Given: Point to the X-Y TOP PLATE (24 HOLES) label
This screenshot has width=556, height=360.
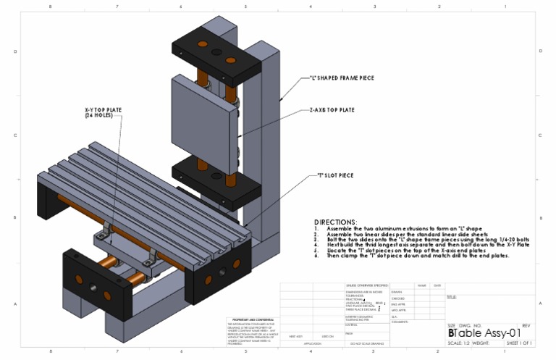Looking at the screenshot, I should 104,112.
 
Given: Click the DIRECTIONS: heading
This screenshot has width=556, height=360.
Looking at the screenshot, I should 335,222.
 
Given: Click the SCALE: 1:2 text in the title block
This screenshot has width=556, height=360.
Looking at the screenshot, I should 458,343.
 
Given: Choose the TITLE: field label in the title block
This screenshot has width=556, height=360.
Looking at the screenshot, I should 452,297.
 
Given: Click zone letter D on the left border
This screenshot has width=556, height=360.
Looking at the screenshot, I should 15,52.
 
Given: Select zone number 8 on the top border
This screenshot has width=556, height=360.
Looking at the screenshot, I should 50,7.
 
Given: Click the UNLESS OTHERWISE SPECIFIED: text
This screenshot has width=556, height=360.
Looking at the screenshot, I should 368,286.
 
